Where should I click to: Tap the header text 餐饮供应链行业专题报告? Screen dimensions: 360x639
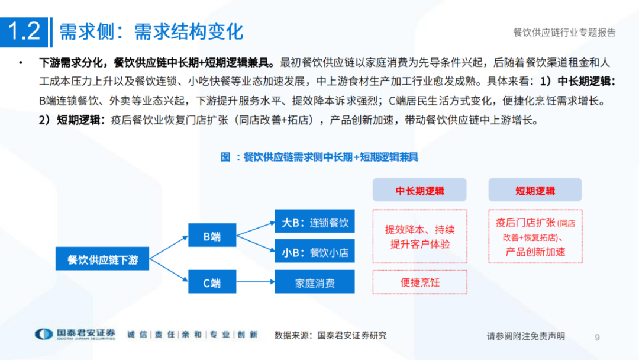point(564,33)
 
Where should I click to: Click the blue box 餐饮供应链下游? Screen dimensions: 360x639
point(102,259)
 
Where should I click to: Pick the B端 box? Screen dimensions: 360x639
point(212,236)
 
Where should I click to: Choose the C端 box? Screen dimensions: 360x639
point(212,282)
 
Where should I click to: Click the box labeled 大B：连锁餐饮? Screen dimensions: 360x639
point(314,223)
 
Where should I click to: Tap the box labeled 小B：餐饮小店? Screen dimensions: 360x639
point(314,252)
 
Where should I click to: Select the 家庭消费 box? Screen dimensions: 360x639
point(314,282)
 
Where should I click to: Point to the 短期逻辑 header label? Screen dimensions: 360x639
point(535,191)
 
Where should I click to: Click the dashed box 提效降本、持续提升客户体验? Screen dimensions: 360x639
point(419,236)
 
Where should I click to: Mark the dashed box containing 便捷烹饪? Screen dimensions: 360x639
point(419,282)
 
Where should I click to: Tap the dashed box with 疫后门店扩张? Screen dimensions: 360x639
point(535,236)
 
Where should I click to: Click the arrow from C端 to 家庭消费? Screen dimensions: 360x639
point(256,282)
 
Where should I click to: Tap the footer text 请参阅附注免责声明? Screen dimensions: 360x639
point(525,336)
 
